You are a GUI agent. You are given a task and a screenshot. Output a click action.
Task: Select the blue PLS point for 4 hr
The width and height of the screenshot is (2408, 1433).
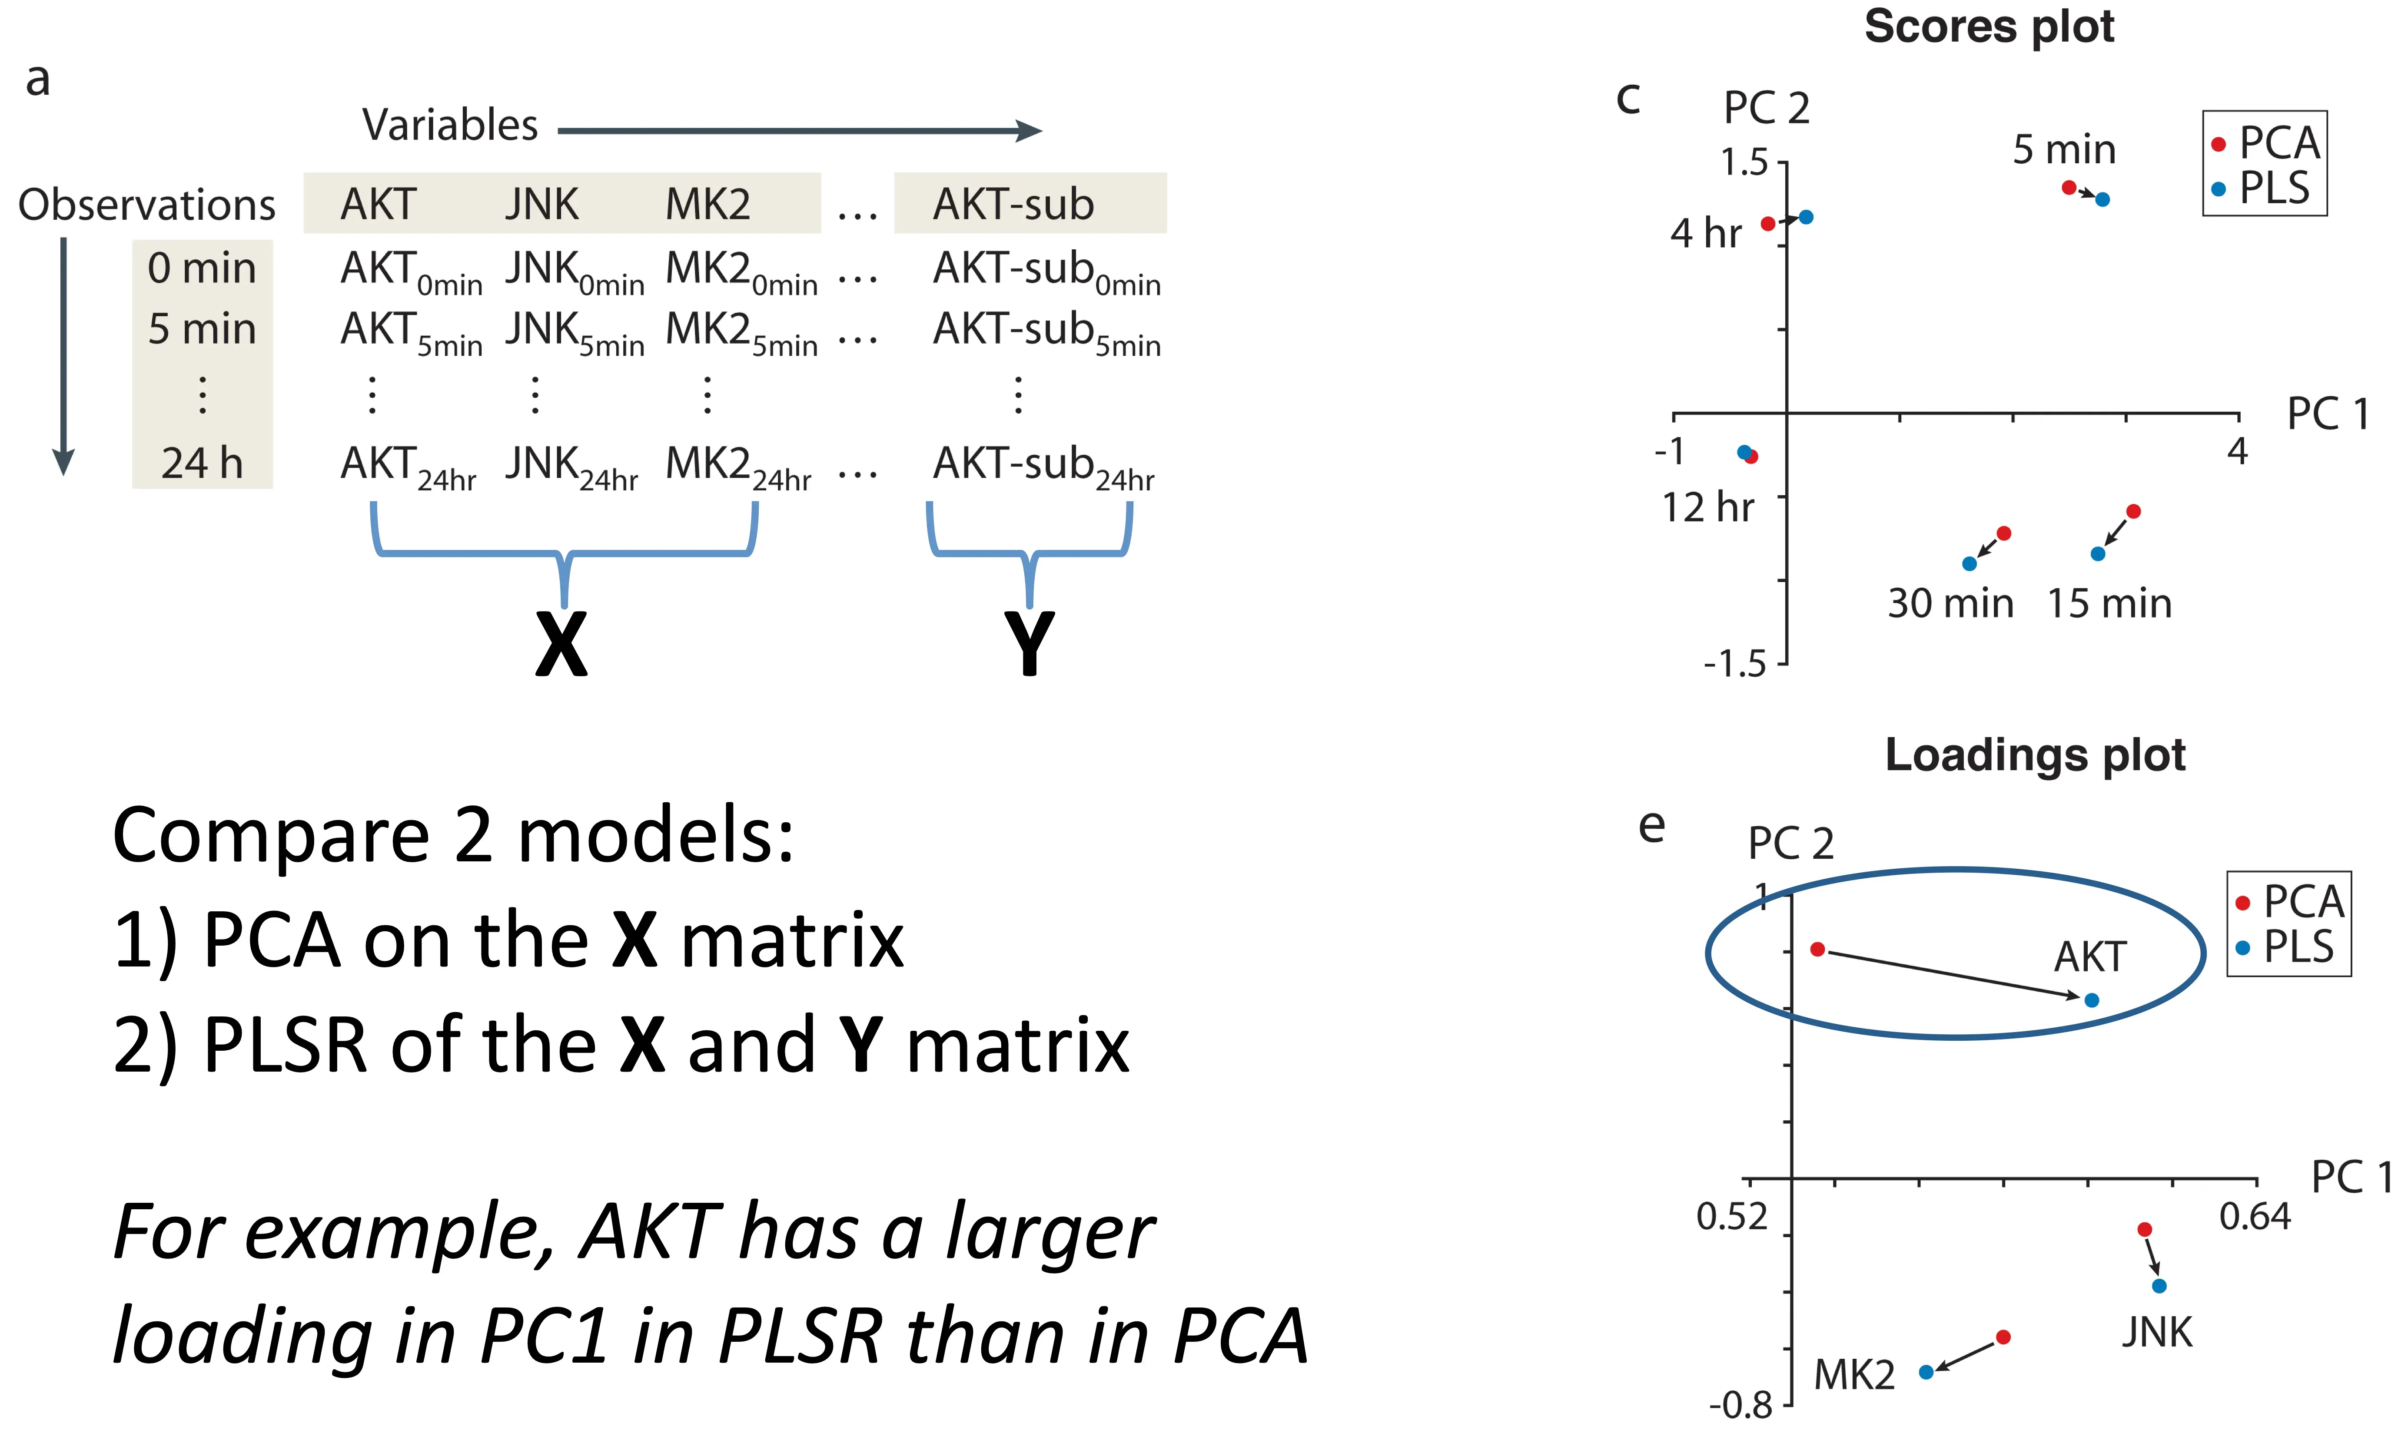click(x=1805, y=217)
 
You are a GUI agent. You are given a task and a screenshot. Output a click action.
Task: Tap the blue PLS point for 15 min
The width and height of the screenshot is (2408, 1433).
click(x=2097, y=553)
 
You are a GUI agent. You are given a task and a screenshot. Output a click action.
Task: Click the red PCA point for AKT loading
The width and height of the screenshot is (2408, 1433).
click(x=1817, y=949)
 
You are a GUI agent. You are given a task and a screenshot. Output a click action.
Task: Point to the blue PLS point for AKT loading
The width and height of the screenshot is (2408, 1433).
click(x=2091, y=999)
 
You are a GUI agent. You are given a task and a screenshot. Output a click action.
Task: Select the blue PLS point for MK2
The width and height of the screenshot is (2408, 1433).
click(x=1926, y=1371)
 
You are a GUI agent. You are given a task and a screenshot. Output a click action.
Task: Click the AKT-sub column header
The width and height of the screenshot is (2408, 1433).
click(x=1013, y=204)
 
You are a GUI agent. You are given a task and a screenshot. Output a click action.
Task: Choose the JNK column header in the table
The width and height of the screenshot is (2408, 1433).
click(x=542, y=204)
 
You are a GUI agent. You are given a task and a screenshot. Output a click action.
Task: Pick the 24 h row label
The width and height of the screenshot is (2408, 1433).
click(x=202, y=463)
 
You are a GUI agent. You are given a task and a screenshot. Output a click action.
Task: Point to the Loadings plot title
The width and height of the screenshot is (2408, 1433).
click(x=2035, y=754)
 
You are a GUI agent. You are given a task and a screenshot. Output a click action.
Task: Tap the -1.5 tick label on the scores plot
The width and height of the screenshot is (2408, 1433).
click(x=1734, y=664)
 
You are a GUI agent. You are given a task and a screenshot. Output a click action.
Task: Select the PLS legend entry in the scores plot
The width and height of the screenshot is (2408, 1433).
click(x=2273, y=188)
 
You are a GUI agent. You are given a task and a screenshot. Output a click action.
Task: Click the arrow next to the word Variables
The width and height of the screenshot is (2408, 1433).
click(x=800, y=130)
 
